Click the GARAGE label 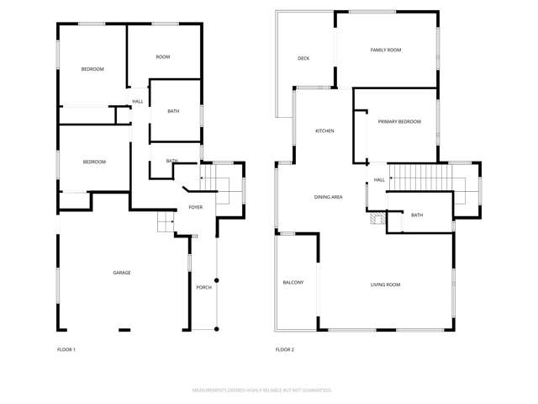122,273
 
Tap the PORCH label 203,287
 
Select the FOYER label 195,206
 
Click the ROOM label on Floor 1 163,56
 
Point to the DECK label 303,58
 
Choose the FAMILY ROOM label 386,50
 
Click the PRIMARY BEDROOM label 398,122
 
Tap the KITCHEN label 325,131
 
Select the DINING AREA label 328,197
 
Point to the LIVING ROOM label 385,284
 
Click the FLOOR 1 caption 66,349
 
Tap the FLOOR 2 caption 285,349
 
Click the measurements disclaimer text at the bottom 261,391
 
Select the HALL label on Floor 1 137,102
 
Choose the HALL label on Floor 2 379,179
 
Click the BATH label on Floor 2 417,215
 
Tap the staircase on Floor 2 425,178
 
